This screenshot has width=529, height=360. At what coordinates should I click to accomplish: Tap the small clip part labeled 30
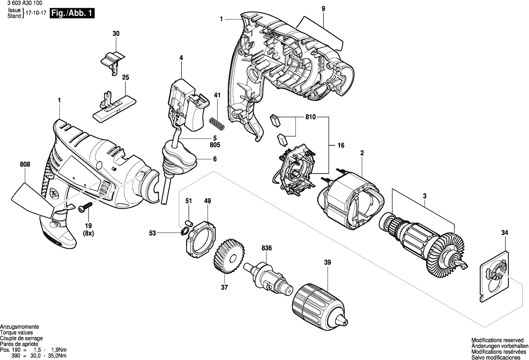(x=114, y=61)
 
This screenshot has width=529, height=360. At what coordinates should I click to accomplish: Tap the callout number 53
(x=153, y=234)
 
